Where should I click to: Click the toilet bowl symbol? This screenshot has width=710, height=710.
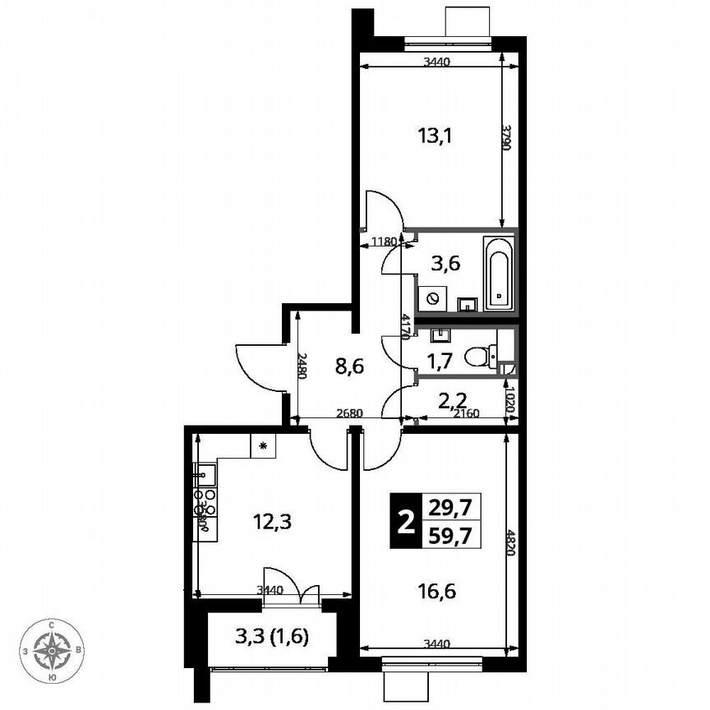pos(478,356)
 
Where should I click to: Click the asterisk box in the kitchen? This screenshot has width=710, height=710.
pos(263,446)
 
